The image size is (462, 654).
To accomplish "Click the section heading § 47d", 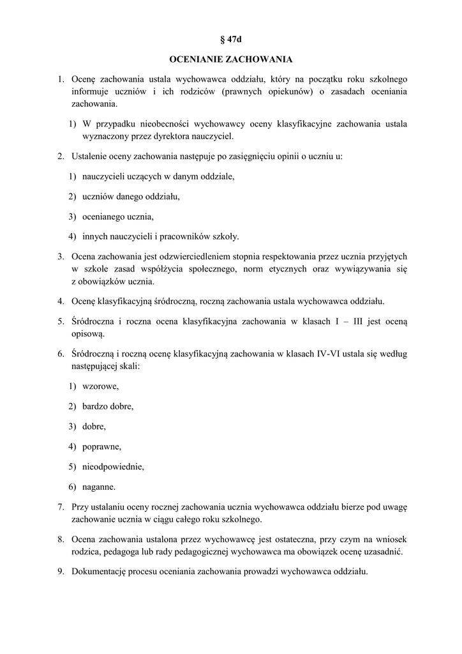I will pos(231,40).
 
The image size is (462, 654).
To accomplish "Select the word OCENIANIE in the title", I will pos(196,59).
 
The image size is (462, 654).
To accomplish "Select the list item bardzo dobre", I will pos(108,406).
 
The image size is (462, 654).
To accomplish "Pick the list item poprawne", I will pos(101,446).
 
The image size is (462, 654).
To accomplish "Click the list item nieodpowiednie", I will pos(113,466).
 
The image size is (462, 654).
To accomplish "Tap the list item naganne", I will pos(99,487).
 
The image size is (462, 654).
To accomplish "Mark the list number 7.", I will pos(60,506).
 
